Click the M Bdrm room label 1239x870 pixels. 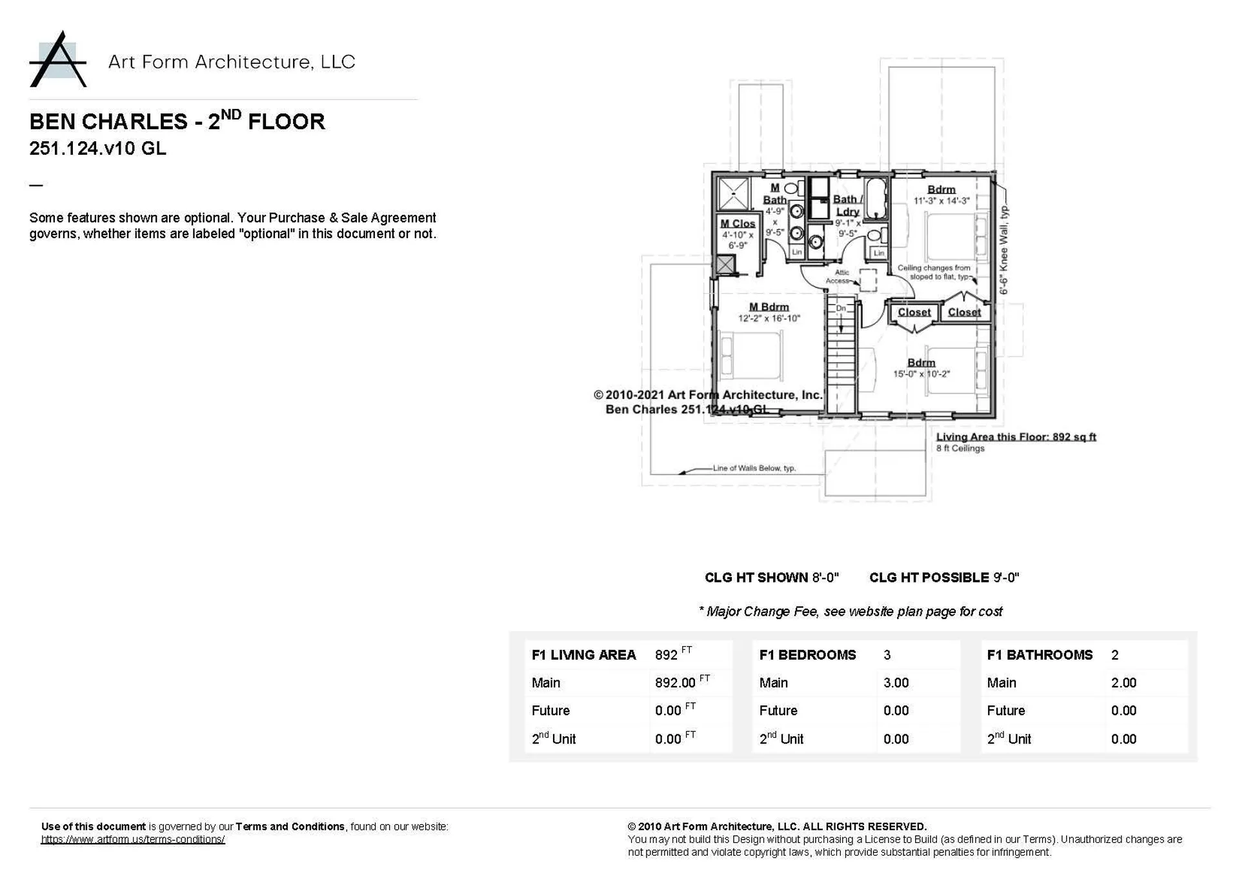tap(769, 307)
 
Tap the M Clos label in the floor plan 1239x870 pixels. tap(738, 223)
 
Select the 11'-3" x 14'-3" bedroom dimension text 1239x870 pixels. tap(942, 201)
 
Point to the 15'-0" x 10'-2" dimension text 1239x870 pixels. tap(921, 374)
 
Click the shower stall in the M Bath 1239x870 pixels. tap(733, 193)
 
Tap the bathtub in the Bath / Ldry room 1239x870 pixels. tap(876, 199)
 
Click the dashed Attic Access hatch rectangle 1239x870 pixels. tap(868, 281)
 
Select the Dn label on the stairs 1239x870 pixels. tap(841, 309)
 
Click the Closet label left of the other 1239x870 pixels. tap(914, 312)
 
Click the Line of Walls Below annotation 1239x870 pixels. tap(754, 468)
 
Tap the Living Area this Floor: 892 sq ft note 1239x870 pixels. tap(1016, 437)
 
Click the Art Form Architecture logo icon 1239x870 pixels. tap(58, 60)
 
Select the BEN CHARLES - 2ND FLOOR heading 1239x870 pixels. tap(177, 121)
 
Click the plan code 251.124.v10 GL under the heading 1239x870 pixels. tap(97, 148)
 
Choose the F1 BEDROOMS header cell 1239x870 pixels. tap(807, 655)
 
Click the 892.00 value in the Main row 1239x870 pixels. tap(675, 683)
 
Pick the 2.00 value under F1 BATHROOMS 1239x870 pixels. tap(1123, 683)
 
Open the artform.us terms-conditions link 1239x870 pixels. tap(133, 840)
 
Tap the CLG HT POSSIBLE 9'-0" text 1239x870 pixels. tap(943, 578)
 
